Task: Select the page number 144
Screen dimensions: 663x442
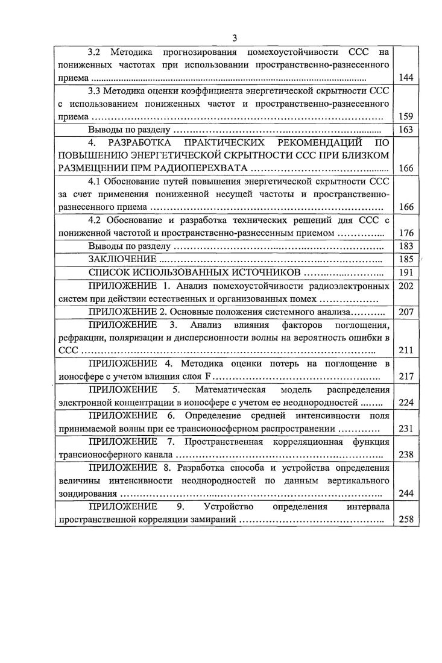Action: click(406, 78)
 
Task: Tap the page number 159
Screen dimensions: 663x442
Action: click(406, 117)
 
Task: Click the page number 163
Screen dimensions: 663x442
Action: click(406, 130)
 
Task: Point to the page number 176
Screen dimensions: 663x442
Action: click(406, 233)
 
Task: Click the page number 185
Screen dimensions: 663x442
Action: click(406, 259)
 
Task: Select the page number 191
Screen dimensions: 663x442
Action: click(406, 272)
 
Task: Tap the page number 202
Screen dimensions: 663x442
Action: click(406, 286)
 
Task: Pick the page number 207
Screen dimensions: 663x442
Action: click(406, 312)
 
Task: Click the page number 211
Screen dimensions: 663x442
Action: click(406, 350)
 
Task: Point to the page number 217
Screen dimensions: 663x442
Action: click(406, 377)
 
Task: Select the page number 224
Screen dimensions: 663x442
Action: click(406, 403)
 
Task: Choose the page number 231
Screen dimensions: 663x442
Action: click(406, 429)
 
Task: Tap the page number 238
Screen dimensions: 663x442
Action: click(406, 454)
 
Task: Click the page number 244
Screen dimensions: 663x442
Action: click(406, 493)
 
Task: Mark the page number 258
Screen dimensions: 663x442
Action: click(406, 519)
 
